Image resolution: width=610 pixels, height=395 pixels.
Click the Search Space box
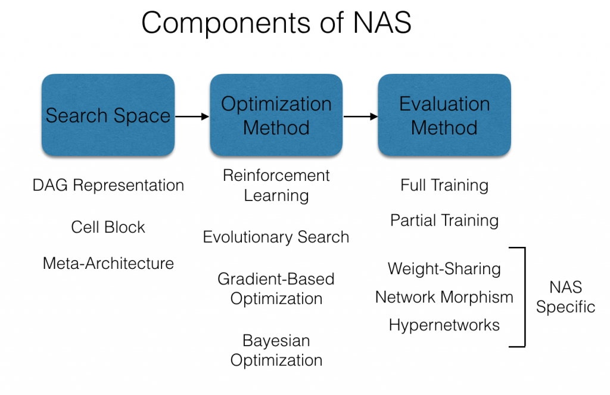pos(108,115)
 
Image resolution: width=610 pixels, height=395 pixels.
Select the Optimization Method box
pos(276,115)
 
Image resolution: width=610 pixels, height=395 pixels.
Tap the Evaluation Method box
pos(444,115)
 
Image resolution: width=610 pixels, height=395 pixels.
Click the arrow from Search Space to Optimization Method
pos(192,116)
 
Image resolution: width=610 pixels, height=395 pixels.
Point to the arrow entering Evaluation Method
pos(360,116)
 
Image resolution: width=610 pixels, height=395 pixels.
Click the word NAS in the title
pos(382,23)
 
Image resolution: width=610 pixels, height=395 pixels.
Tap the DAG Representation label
pos(108,186)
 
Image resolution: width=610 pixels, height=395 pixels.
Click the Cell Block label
pos(108,227)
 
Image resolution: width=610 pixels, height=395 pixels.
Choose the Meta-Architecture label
pos(108,264)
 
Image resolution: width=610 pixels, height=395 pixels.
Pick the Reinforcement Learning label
pos(276,186)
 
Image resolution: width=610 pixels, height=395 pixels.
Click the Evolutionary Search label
pos(276,237)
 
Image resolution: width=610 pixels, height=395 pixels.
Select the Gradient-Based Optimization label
pos(276,289)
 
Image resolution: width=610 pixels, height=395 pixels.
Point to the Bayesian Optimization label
pos(276,350)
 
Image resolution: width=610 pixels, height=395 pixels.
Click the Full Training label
pos(444,186)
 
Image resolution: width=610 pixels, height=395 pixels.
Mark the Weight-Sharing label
pos(444,269)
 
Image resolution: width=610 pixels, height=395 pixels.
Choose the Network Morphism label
pos(444,297)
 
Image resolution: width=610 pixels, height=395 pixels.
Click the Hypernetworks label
pos(444,325)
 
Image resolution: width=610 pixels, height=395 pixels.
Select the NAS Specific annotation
pos(566,297)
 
